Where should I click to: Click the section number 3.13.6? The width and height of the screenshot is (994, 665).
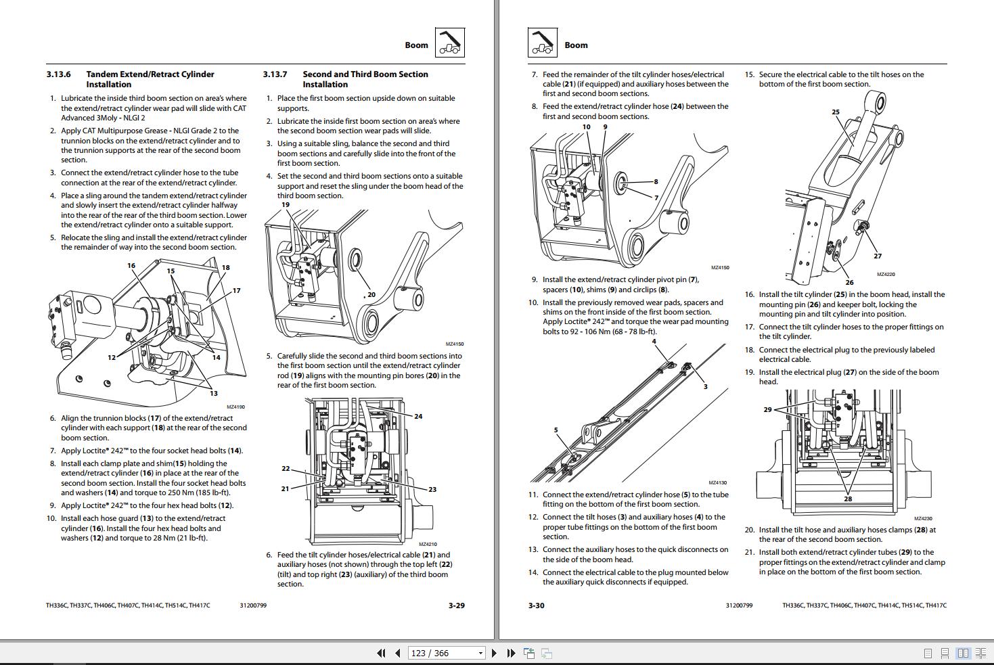[x=58, y=74]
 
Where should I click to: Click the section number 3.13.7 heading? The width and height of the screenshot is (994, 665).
[x=275, y=74]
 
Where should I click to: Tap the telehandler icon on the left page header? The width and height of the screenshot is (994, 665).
[x=449, y=43]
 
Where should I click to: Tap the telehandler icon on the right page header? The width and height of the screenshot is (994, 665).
[x=542, y=43]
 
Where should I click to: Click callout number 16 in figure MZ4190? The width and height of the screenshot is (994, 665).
[x=131, y=265]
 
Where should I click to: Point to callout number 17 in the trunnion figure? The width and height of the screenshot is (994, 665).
[x=236, y=290]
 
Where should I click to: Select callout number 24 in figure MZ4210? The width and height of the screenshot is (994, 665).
[x=418, y=416]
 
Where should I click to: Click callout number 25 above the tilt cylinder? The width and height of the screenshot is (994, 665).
[x=835, y=112]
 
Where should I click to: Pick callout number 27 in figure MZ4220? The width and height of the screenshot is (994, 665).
[x=878, y=256]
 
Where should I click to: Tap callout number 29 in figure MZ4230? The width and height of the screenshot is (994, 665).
[x=767, y=409]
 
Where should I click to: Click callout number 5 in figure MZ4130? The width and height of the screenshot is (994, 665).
[x=556, y=430]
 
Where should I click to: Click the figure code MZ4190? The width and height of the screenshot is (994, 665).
[x=235, y=407]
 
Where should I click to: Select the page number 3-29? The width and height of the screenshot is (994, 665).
[x=457, y=605]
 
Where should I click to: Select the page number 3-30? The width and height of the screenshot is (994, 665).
[x=536, y=605]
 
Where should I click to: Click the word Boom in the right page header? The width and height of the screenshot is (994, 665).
[x=576, y=45]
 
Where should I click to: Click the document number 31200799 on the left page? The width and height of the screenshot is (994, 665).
[x=253, y=605]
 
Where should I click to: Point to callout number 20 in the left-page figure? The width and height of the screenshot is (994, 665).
[x=371, y=294]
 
